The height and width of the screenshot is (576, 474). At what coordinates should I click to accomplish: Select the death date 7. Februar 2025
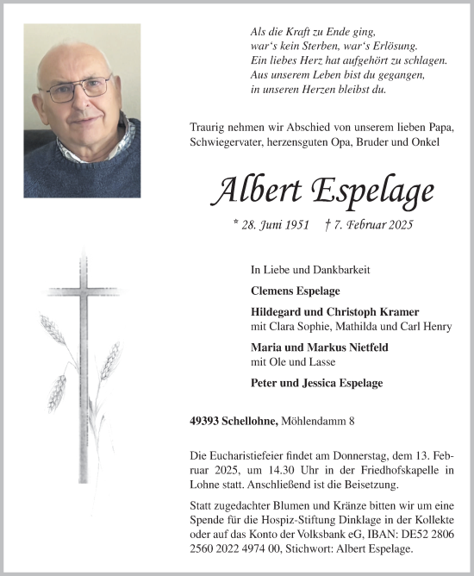[371, 225]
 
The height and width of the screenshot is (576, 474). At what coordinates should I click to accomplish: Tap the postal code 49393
[205, 421]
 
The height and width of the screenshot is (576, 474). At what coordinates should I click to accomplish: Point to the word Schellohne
[249, 421]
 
